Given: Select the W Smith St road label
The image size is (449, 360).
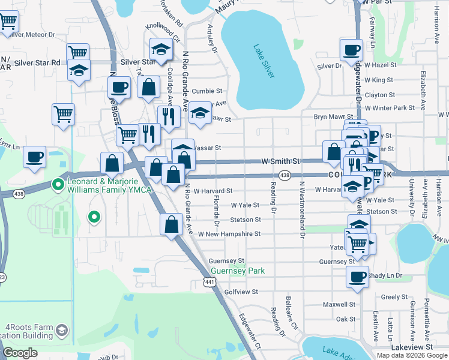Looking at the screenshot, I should tap(280, 161).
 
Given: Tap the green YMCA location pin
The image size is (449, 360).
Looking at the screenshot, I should tap(58, 184).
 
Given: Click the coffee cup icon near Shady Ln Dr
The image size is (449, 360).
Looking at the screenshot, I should tap(358, 277).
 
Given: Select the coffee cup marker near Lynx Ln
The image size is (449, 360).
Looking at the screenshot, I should tap(35, 157).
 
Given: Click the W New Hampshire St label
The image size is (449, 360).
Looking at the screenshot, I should tap(229, 234).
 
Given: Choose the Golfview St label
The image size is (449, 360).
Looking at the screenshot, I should tap(241, 292).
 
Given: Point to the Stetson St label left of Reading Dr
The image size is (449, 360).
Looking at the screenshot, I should tap(245, 220).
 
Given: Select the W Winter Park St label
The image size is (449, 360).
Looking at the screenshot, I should tap(390, 107).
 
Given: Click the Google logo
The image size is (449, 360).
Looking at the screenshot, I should tap(20, 353).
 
